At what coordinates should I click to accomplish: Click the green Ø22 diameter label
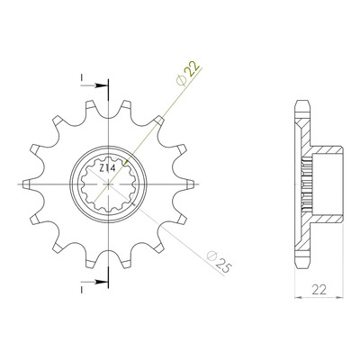click(x=188, y=74)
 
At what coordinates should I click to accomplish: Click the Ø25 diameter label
click(x=219, y=262)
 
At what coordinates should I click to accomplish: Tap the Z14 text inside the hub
click(x=107, y=168)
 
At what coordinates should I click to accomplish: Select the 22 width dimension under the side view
click(x=319, y=290)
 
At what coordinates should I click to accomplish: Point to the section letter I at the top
click(x=81, y=77)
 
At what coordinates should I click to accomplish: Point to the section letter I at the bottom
click(x=81, y=290)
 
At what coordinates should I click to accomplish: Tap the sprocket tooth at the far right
click(x=189, y=184)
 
